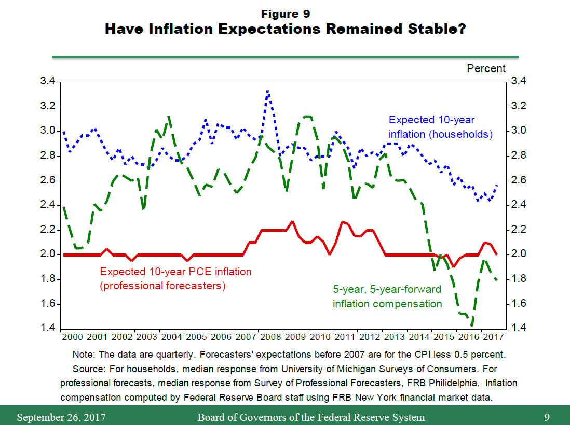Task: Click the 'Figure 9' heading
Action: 285,13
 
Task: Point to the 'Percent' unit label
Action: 486,68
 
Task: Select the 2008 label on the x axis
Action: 270,337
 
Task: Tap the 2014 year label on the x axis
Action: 418,337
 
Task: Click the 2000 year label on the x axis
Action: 73,337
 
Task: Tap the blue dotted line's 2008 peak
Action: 267,91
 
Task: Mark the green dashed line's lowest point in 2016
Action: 472,325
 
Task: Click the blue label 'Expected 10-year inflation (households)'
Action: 440,127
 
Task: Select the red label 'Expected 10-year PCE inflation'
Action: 175,272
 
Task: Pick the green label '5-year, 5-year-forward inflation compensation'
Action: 387,296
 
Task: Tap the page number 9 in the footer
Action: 547,417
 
